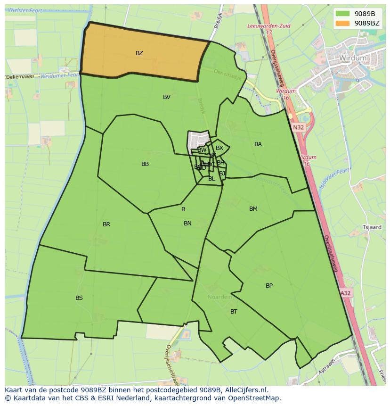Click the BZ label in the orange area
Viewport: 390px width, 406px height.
[x=139, y=53]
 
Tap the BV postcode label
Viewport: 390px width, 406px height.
[x=166, y=97]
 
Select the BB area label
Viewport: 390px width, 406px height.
[x=145, y=164]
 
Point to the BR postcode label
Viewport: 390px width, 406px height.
[x=106, y=224]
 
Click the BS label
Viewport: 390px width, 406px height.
[x=79, y=298]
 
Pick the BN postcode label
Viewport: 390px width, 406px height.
[x=187, y=224]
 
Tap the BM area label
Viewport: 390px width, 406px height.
[x=253, y=209]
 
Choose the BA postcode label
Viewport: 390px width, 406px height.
[x=258, y=144]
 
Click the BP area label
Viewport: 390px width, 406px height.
[x=269, y=286]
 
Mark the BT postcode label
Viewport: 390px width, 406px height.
[x=234, y=312]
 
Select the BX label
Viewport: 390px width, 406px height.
[x=219, y=148]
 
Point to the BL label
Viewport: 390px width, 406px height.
[x=211, y=179]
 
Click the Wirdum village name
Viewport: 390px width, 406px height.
[x=352, y=58]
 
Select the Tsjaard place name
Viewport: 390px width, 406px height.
[x=372, y=227]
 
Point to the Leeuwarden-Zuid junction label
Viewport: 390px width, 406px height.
[x=269, y=26]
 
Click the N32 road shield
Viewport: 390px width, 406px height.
[x=298, y=127]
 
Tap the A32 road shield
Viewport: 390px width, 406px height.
[x=345, y=293]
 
